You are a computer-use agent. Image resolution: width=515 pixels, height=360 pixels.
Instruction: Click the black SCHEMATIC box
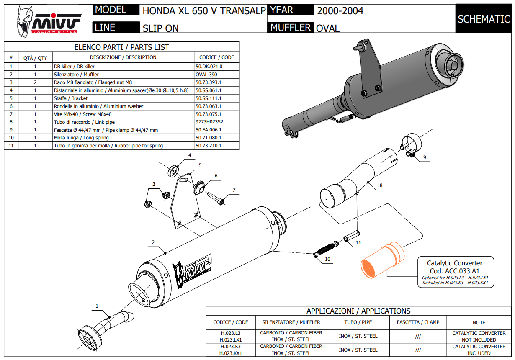[x=484, y=19]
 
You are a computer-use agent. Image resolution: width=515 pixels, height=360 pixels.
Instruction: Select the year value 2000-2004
[x=340, y=11]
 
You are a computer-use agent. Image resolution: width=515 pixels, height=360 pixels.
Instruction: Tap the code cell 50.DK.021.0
[x=209, y=66]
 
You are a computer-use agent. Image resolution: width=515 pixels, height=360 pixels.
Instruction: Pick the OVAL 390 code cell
[x=206, y=74]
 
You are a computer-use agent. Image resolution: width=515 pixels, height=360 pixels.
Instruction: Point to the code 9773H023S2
[x=209, y=122]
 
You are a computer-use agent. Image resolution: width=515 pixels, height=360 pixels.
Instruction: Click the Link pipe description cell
[x=84, y=122]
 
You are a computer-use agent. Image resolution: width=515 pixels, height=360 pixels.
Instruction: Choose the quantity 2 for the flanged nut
[x=35, y=82]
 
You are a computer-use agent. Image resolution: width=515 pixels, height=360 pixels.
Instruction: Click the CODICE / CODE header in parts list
[x=216, y=57]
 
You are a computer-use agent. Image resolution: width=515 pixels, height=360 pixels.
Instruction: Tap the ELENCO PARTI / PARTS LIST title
[x=121, y=47]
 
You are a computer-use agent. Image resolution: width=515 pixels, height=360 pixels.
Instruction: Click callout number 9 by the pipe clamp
[x=424, y=157]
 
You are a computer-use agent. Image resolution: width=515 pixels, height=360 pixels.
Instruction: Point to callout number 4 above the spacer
[x=189, y=156]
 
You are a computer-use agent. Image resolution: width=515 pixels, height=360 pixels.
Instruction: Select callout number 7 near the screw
[x=234, y=190]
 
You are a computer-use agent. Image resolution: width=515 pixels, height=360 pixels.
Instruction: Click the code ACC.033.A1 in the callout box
[x=455, y=270]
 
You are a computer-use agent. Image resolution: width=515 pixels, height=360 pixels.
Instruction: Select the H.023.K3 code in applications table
[x=231, y=347]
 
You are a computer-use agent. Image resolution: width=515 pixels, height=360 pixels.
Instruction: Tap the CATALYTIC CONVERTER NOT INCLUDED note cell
[x=479, y=337]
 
